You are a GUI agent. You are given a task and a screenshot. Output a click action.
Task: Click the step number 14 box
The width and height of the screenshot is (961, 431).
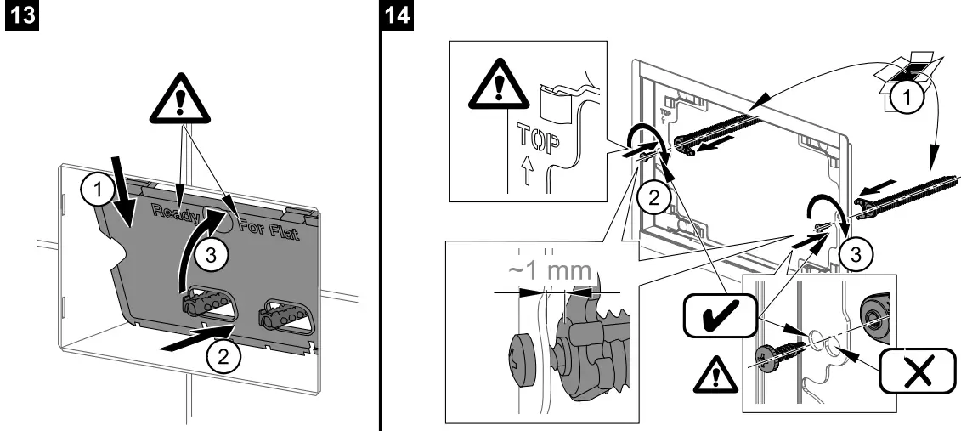(x=399, y=17)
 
